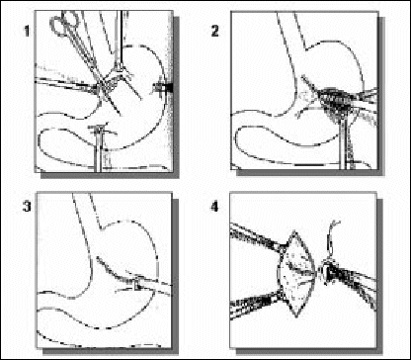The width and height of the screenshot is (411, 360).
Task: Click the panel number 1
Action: pyautogui.click(x=27, y=32)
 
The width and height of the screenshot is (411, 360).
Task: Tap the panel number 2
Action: pyautogui.click(x=214, y=31)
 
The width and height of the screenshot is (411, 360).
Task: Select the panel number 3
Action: pyautogui.click(x=27, y=207)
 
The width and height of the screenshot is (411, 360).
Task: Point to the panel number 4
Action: pyautogui.click(x=215, y=208)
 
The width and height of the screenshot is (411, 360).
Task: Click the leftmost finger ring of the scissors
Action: pyautogui.click(x=57, y=26)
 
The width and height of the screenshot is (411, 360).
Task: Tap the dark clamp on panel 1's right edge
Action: pyautogui.click(x=164, y=88)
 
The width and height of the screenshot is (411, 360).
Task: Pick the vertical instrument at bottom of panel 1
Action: pyautogui.click(x=99, y=148)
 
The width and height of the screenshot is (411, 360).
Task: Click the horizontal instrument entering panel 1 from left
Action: pyautogui.click(x=67, y=84)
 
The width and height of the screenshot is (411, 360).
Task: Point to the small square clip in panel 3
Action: pyautogui.click(x=137, y=284)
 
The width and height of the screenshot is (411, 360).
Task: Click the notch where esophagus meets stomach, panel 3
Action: pyautogui.click(x=101, y=228)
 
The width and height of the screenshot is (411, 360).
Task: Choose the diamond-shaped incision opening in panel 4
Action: pyautogui.click(x=296, y=274)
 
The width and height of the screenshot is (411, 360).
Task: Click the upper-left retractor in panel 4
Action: pyautogui.click(x=256, y=238)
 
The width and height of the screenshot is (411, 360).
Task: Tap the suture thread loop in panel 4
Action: pyautogui.click(x=331, y=242)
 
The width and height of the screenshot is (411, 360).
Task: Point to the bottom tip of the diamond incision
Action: pyautogui.click(x=296, y=317)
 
